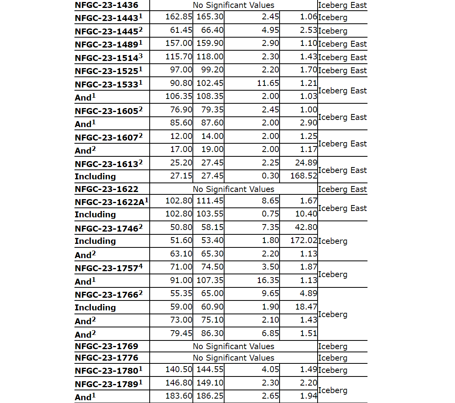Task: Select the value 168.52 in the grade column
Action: coord(303,176)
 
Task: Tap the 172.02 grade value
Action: coord(303,241)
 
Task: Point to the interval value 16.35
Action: coord(270,281)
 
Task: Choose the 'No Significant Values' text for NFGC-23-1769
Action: coord(233,346)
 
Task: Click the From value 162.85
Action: coord(179,17)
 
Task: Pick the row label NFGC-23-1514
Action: coord(107,57)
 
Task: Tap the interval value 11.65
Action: coord(270,84)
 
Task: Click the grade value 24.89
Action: coord(306,163)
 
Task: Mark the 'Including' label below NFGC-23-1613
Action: coord(95,177)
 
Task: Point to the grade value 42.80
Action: coord(306,228)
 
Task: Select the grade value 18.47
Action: coord(306,307)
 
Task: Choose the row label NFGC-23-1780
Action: coord(107,371)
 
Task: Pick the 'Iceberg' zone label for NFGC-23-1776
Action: coord(333,358)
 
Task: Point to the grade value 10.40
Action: coord(306,214)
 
